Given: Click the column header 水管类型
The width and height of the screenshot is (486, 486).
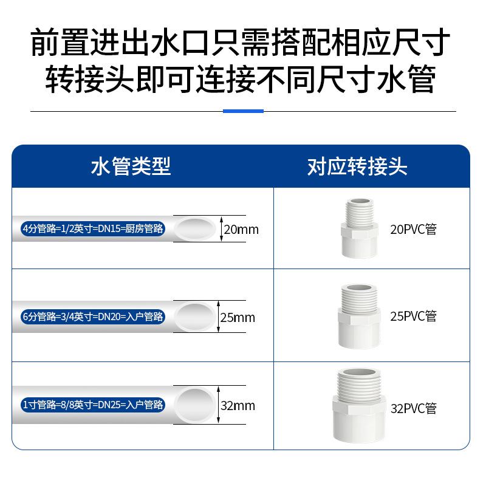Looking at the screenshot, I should [x=131, y=166].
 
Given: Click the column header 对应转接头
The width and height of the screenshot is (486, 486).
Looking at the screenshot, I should [x=357, y=166].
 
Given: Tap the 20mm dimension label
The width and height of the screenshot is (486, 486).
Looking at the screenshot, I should [x=241, y=230].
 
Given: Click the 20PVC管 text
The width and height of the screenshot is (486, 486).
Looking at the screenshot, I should [x=413, y=230].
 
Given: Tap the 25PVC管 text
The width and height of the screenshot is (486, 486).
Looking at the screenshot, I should [x=413, y=316].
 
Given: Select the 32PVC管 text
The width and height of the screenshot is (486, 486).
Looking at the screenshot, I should [x=413, y=408].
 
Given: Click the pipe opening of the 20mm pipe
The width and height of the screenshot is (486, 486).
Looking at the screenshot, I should [x=195, y=229].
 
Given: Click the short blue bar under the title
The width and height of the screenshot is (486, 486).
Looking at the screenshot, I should [x=243, y=111].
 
